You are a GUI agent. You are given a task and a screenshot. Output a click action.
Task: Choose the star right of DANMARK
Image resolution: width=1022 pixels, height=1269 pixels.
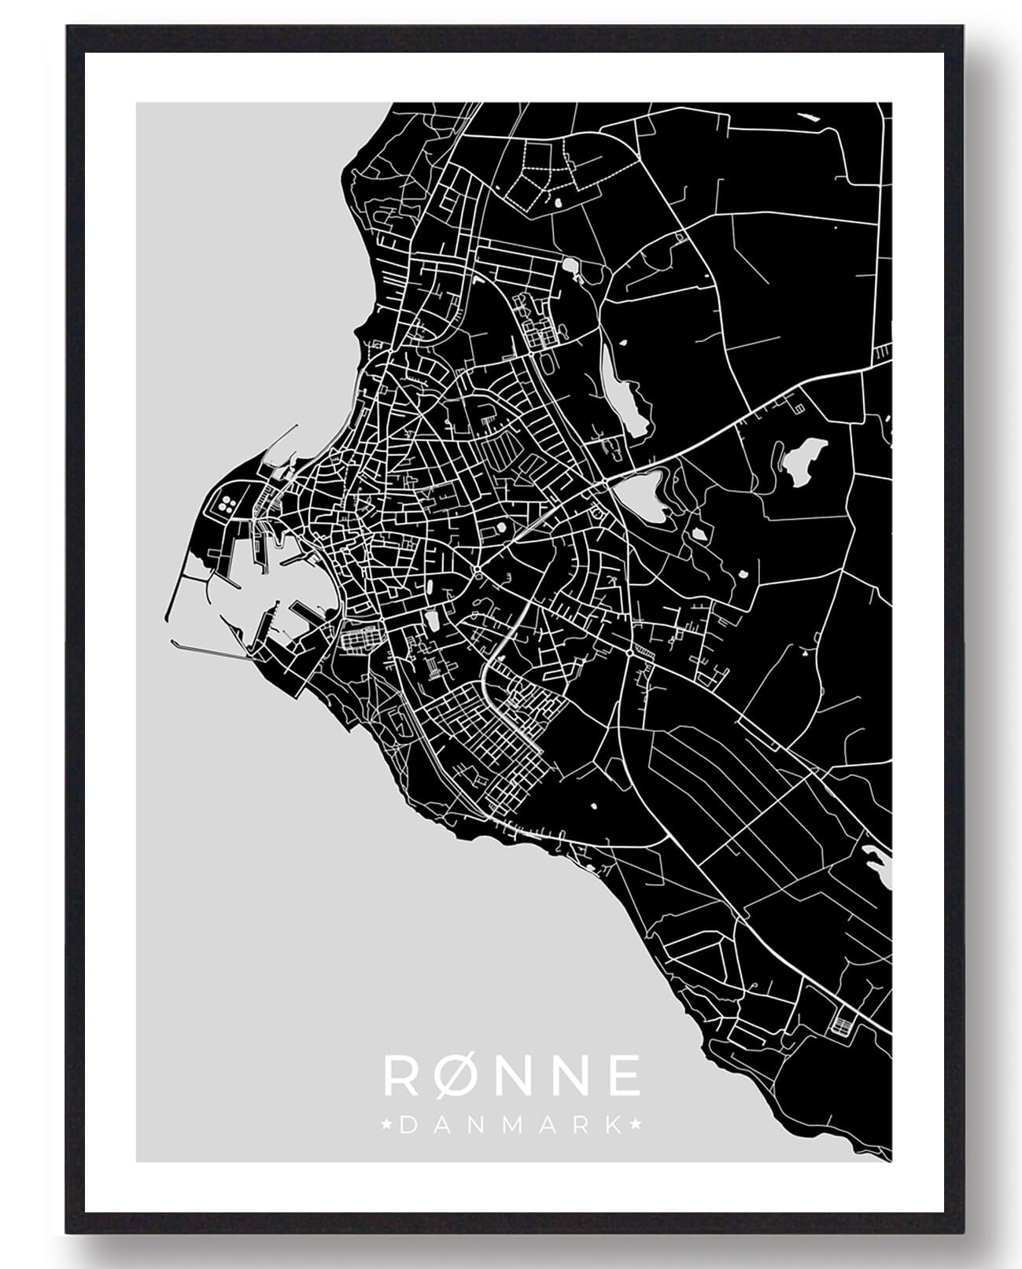click(x=636, y=1125)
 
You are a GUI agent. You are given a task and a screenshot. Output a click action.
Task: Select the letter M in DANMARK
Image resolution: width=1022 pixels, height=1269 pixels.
click(x=511, y=1125)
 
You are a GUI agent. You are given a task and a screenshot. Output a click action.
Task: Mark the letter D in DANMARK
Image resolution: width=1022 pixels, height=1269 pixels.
click(x=408, y=1125)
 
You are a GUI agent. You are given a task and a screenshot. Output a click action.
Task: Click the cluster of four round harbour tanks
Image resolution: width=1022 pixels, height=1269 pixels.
click(x=229, y=504)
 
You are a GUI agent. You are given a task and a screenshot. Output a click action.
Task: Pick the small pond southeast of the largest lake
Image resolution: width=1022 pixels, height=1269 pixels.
click(x=697, y=535)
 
